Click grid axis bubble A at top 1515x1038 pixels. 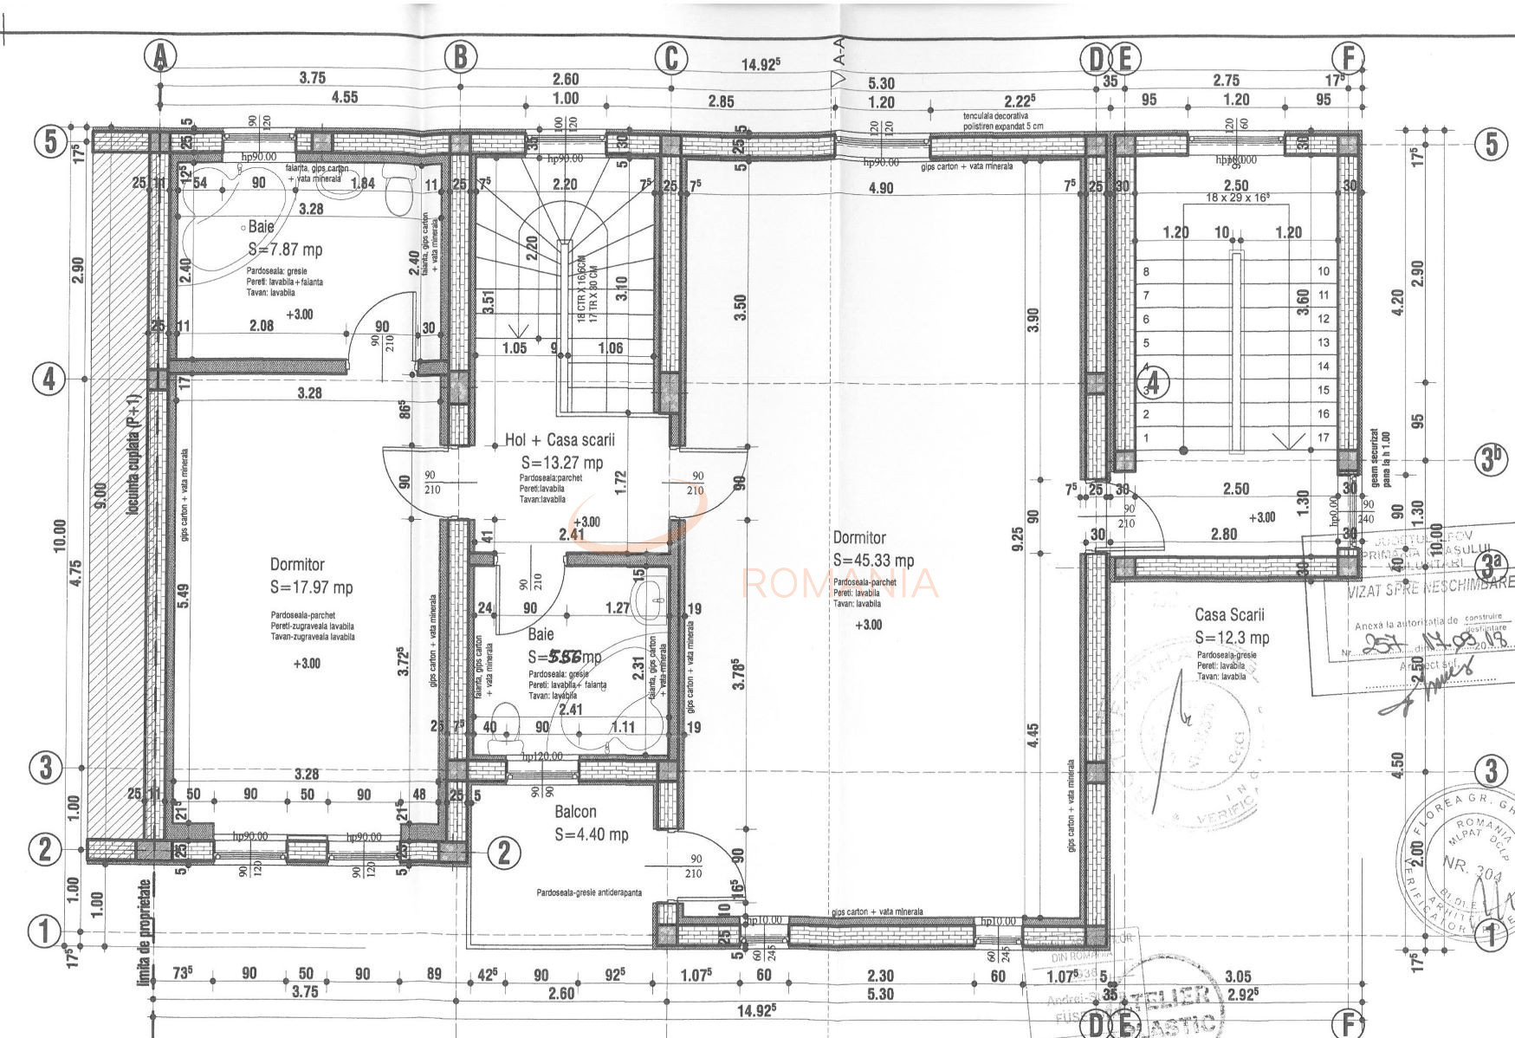pyautogui.click(x=160, y=57)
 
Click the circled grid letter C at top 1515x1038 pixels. pyautogui.click(x=670, y=58)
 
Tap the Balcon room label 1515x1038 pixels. pyautogui.click(x=575, y=812)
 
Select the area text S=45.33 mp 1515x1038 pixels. pyautogui.click(x=873, y=561)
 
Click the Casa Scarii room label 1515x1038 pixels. pyautogui.click(x=1229, y=614)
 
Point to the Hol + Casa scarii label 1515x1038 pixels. pyautogui.click(x=560, y=440)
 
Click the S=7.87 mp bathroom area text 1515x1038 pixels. pyautogui.click(x=285, y=250)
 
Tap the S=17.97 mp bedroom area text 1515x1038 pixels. pyautogui.click(x=311, y=587)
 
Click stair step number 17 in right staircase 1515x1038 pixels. pyautogui.click(x=1323, y=438)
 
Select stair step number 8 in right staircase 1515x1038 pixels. pyautogui.click(x=1146, y=271)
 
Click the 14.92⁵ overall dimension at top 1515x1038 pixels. pyautogui.click(x=761, y=64)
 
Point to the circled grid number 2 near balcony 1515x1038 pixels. pyautogui.click(x=504, y=853)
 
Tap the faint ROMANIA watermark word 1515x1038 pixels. pyautogui.click(x=838, y=583)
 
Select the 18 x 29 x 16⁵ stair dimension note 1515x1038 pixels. pyautogui.click(x=1238, y=198)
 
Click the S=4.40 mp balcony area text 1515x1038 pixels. pyautogui.click(x=591, y=835)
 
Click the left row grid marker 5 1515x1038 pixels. pyautogui.click(x=50, y=141)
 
